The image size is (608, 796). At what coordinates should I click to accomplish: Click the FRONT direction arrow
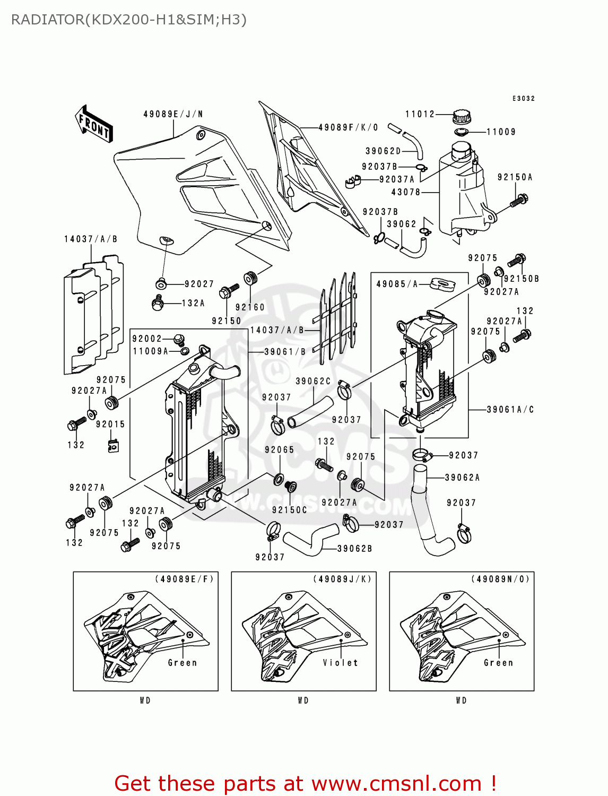(x=93, y=124)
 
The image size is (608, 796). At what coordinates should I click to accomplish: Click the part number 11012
(x=420, y=114)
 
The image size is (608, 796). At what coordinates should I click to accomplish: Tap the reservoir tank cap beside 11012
(x=462, y=116)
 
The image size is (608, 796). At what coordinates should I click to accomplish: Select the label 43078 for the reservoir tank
(x=406, y=192)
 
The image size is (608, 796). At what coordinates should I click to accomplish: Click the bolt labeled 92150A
(x=519, y=201)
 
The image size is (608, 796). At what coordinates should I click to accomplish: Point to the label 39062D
(x=383, y=151)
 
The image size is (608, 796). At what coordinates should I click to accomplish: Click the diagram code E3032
(x=524, y=99)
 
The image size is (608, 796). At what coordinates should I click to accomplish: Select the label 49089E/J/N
(x=173, y=114)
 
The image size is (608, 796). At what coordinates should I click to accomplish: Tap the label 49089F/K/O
(x=348, y=127)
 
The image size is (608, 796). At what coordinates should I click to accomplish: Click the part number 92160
(x=250, y=307)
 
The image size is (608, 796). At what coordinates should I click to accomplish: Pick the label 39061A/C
(x=510, y=410)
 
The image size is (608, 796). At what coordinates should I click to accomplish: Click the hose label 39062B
(x=354, y=549)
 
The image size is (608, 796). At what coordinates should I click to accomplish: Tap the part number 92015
(x=110, y=425)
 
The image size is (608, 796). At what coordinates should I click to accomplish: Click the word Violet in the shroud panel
(x=341, y=663)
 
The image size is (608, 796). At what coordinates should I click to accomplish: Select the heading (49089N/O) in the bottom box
(x=500, y=579)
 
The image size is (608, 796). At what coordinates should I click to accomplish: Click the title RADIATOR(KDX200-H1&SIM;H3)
(x=129, y=20)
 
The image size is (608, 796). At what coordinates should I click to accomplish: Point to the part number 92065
(x=279, y=450)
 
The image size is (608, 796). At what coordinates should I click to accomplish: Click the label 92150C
(x=289, y=510)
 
